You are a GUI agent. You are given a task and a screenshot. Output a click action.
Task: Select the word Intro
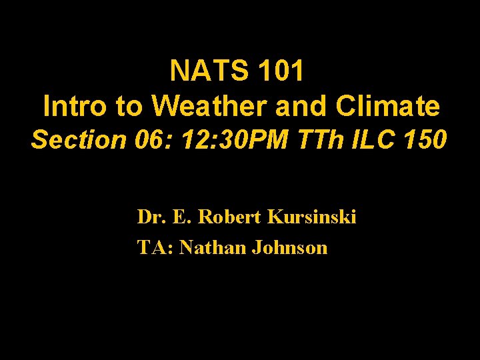(72, 105)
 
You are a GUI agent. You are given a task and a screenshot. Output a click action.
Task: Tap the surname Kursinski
(311, 217)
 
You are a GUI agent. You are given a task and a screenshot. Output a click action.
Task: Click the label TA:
(155, 248)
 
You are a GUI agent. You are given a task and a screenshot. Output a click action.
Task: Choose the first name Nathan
(213, 248)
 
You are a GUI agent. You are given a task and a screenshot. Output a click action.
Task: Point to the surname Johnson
(289, 248)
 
